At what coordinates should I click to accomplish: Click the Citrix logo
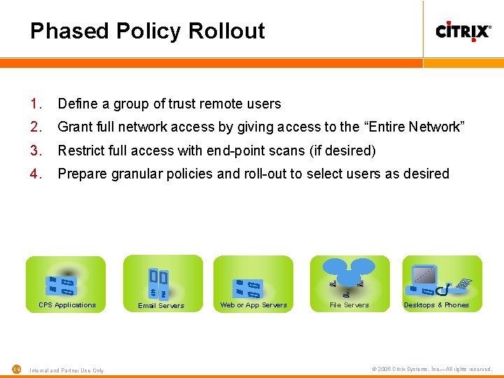tap(463, 31)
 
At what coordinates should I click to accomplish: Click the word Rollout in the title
tap(227, 31)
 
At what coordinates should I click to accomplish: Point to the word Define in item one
tap(77, 104)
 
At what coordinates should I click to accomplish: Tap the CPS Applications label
tap(67, 305)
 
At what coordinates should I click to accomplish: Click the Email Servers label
tap(161, 306)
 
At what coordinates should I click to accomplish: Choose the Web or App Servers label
tap(253, 305)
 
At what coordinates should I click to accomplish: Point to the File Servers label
tap(349, 305)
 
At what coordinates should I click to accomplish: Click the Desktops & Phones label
tap(436, 305)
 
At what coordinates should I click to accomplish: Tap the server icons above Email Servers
tap(159, 283)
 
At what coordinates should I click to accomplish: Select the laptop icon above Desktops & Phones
tap(425, 276)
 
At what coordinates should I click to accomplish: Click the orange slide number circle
tap(17, 370)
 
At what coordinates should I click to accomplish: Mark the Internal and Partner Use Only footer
tap(66, 370)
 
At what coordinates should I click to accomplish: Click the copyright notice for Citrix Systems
tap(432, 370)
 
